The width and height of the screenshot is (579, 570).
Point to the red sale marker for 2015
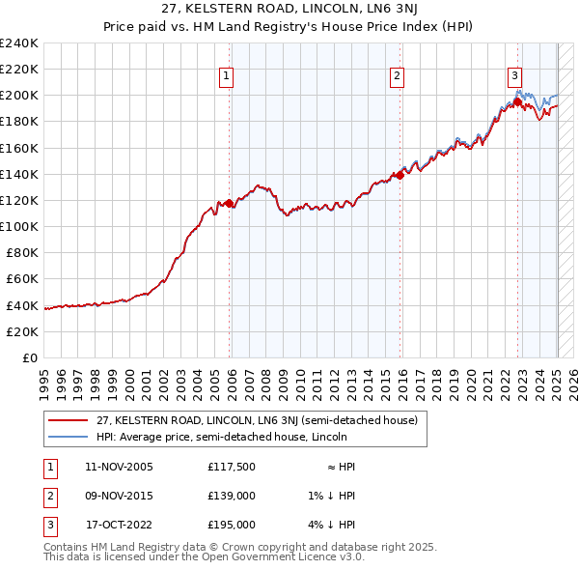click(x=400, y=176)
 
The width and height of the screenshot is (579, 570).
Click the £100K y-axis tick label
click(x=19, y=226)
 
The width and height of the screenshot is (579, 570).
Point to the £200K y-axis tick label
click(x=19, y=95)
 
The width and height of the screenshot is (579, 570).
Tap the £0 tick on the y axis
click(x=29, y=357)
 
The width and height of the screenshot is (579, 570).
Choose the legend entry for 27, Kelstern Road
click(x=257, y=421)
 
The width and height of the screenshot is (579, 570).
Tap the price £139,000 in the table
click(x=232, y=496)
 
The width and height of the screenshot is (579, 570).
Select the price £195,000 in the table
click(x=232, y=525)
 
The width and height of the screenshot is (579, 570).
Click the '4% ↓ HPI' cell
click(x=332, y=525)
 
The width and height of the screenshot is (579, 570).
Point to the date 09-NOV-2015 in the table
click(x=119, y=496)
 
